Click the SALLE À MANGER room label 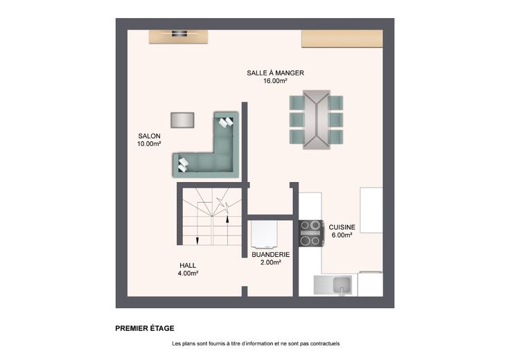point(275,73)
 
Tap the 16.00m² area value point(275,81)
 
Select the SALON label point(149,136)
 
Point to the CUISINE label point(342,227)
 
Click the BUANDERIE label point(271,255)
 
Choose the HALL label point(188,265)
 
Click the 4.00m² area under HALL point(188,273)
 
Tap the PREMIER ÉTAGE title point(145,328)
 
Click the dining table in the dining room point(317,120)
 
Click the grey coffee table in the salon point(182,120)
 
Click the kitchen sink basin point(342,285)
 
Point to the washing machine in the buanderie point(265,235)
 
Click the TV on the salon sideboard point(179,33)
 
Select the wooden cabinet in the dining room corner point(342,39)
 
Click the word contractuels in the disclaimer point(324,343)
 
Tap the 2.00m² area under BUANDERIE point(271,262)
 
